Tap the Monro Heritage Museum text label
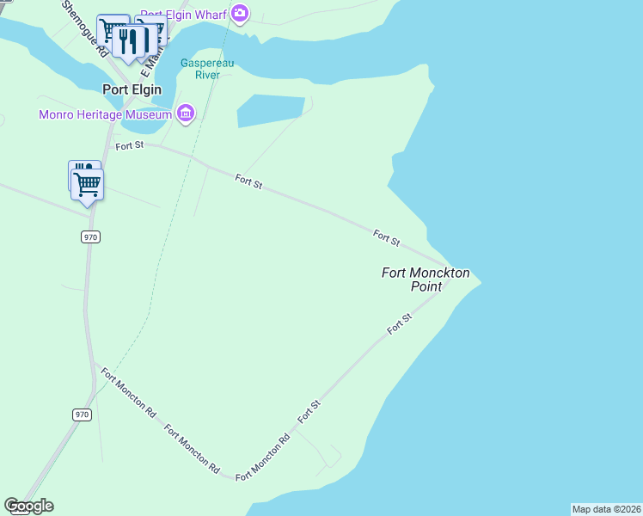point(106,114)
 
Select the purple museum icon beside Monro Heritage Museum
point(185,114)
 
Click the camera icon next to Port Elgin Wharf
point(240,13)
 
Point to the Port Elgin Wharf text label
point(183,14)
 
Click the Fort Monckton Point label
point(426,279)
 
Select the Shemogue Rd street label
point(83,28)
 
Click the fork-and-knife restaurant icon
point(129,41)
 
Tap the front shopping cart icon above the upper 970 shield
point(88,184)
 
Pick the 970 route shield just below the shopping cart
point(91,236)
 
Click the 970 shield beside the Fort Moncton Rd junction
point(82,415)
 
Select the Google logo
point(28,506)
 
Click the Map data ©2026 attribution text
point(606,509)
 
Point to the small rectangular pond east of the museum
point(270,110)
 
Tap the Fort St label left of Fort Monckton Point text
point(387,237)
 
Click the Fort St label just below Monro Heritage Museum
point(130,145)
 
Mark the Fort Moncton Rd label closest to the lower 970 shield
point(128,393)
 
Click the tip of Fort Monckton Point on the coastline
point(480,281)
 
